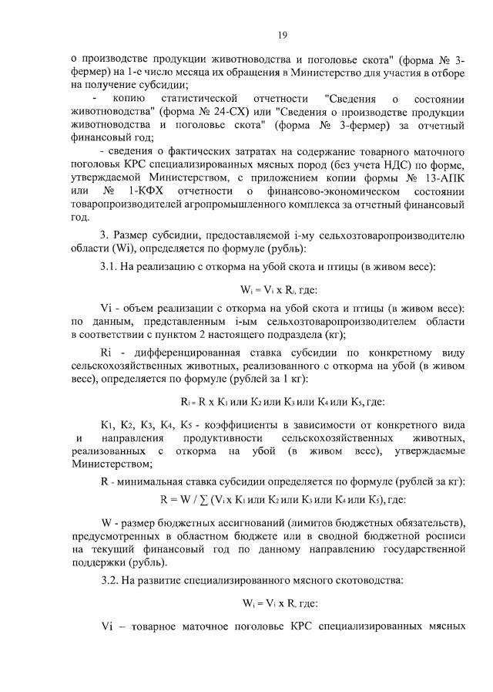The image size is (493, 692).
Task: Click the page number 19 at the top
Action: tap(282, 34)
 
